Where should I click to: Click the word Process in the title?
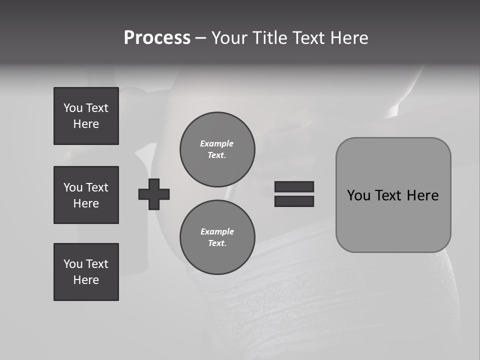tap(157, 38)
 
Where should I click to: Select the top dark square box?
tap(86, 116)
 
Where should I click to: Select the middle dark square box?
tap(86, 195)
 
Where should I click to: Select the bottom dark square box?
tap(86, 272)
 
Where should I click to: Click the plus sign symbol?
tap(154, 194)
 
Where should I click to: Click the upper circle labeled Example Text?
tap(217, 149)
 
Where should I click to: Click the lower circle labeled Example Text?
tap(217, 237)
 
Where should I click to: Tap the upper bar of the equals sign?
tap(294, 186)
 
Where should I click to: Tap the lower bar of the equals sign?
tap(294, 201)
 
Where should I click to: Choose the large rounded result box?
tap(393, 220)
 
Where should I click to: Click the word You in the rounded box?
tap(358, 195)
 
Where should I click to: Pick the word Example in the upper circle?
tap(217, 143)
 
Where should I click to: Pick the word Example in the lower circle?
tap(217, 231)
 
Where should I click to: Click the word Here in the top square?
tap(86, 124)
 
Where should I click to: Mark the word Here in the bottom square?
tap(86, 280)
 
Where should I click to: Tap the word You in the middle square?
tap(73, 187)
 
